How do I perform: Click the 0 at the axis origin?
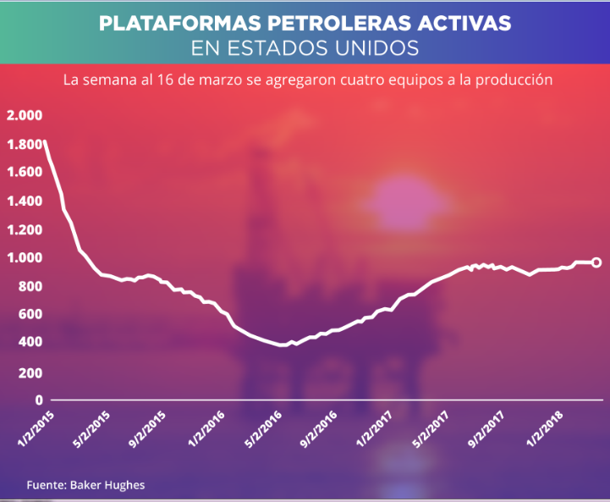click(38, 400)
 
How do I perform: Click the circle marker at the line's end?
click(596, 262)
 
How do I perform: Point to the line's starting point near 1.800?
click(45, 142)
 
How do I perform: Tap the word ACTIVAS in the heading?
click(467, 23)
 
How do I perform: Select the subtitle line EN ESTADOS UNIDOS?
click(305, 48)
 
